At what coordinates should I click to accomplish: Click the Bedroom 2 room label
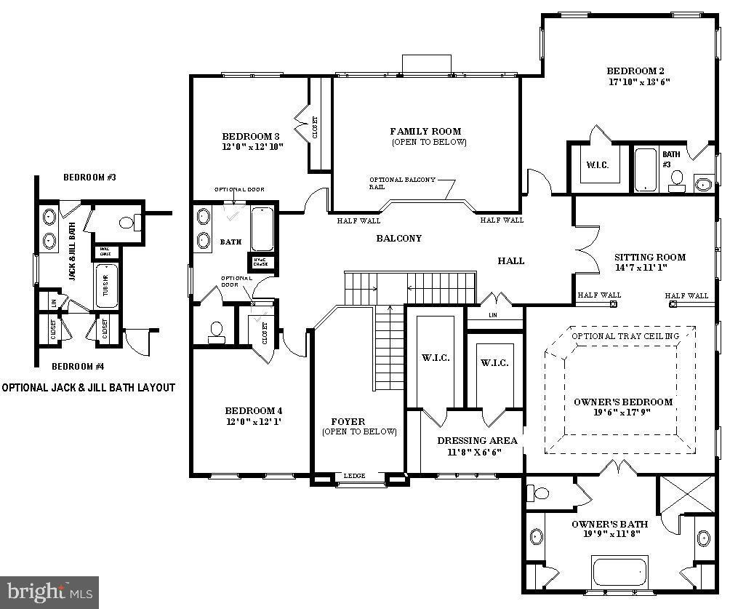pyautogui.click(x=635, y=71)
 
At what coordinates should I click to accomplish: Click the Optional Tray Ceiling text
pyautogui.click(x=625, y=336)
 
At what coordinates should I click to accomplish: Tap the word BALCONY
pyautogui.click(x=398, y=239)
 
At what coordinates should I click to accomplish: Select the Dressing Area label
pyautogui.click(x=477, y=441)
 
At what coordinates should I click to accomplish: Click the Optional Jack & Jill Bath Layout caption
pyautogui.click(x=88, y=388)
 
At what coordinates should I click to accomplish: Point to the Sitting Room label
pyautogui.click(x=649, y=257)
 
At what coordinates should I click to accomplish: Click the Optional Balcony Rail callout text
pyautogui.click(x=402, y=182)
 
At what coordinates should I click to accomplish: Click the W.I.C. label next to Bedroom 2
pyautogui.click(x=598, y=165)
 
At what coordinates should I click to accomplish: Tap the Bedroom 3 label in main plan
pyautogui.click(x=251, y=136)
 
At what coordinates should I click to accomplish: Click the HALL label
pyautogui.click(x=510, y=260)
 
